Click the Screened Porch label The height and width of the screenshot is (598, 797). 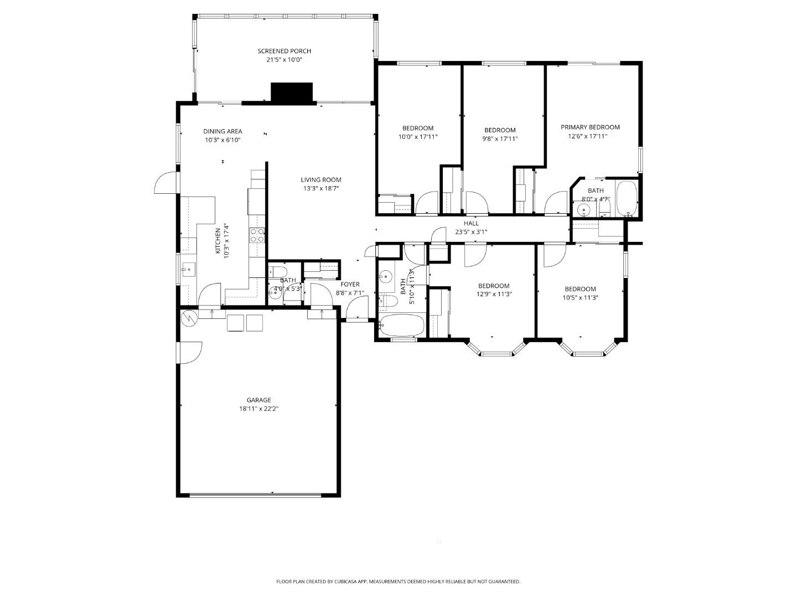pyautogui.click(x=284, y=51)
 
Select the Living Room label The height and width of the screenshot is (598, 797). pyautogui.click(x=320, y=179)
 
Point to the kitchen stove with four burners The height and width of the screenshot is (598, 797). pyautogui.click(x=257, y=236)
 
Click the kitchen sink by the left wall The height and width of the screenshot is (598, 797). pyautogui.click(x=188, y=270)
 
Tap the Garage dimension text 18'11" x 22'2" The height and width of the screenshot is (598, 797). pyautogui.click(x=258, y=409)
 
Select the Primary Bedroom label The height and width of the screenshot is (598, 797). pyautogui.click(x=590, y=127)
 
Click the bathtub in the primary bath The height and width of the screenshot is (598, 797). pyautogui.click(x=627, y=198)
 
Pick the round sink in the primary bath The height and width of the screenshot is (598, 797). pyautogui.click(x=582, y=209)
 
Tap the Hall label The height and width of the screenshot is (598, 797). pyautogui.click(x=471, y=223)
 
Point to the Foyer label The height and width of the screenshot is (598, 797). pyautogui.click(x=350, y=285)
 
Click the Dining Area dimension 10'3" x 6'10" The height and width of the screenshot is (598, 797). pyautogui.click(x=222, y=140)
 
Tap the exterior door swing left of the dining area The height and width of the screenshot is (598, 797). pyautogui.click(x=164, y=183)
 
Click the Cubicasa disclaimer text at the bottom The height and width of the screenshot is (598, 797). pyautogui.click(x=398, y=581)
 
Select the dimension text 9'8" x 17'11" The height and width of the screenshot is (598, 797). pyautogui.click(x=500, y=139)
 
